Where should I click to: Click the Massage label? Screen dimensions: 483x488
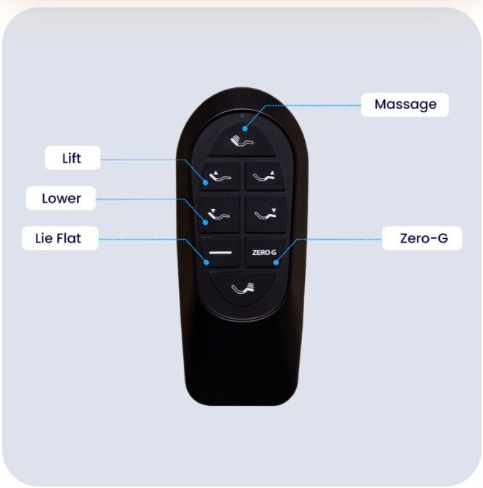405,105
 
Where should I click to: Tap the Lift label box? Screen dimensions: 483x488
73,158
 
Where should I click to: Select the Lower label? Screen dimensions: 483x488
61,199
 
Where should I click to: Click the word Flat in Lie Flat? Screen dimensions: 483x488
68,238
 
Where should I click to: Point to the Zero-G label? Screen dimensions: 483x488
422,238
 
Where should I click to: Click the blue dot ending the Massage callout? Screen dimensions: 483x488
245,128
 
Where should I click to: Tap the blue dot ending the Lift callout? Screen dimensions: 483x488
205,182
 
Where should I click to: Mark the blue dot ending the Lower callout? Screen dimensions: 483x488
205,223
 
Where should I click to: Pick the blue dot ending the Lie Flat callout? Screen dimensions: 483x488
207,262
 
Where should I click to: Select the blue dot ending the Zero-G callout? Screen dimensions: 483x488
276,262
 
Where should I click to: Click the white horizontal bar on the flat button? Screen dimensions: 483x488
221,252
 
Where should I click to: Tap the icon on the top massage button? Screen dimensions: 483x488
242,141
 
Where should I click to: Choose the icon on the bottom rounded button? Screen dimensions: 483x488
243,289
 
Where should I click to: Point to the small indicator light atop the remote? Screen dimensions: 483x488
243,116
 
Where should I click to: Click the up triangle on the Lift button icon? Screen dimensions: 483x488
216,172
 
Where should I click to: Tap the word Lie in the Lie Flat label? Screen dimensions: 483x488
43,238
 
